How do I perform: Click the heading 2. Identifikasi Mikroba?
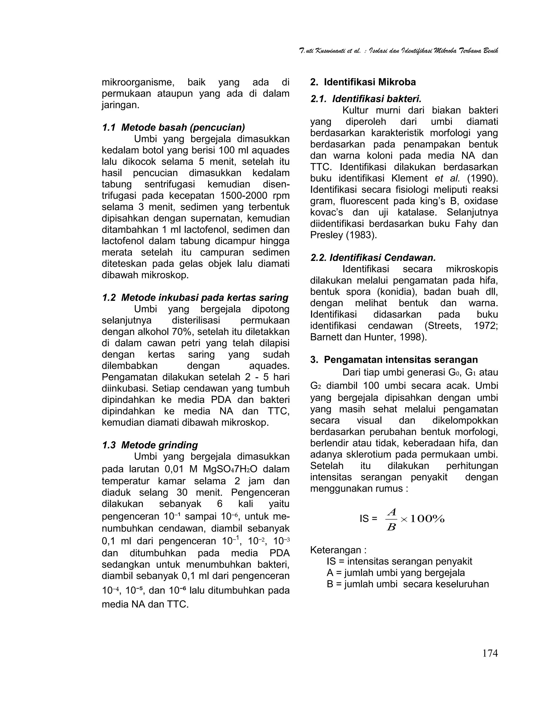[363, 82]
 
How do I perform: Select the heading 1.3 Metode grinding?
[150, 445]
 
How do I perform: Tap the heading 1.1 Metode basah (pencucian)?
[173, 128]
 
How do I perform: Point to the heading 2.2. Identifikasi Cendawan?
[373, 258]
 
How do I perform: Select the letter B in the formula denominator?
[391, 527]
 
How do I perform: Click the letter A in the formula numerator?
[392, 512]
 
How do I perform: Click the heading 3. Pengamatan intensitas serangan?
[394, 360]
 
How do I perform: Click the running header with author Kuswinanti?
[398, 51]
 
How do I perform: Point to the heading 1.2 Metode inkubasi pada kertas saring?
[195, 298]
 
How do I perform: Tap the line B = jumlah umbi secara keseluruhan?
[407, 584]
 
